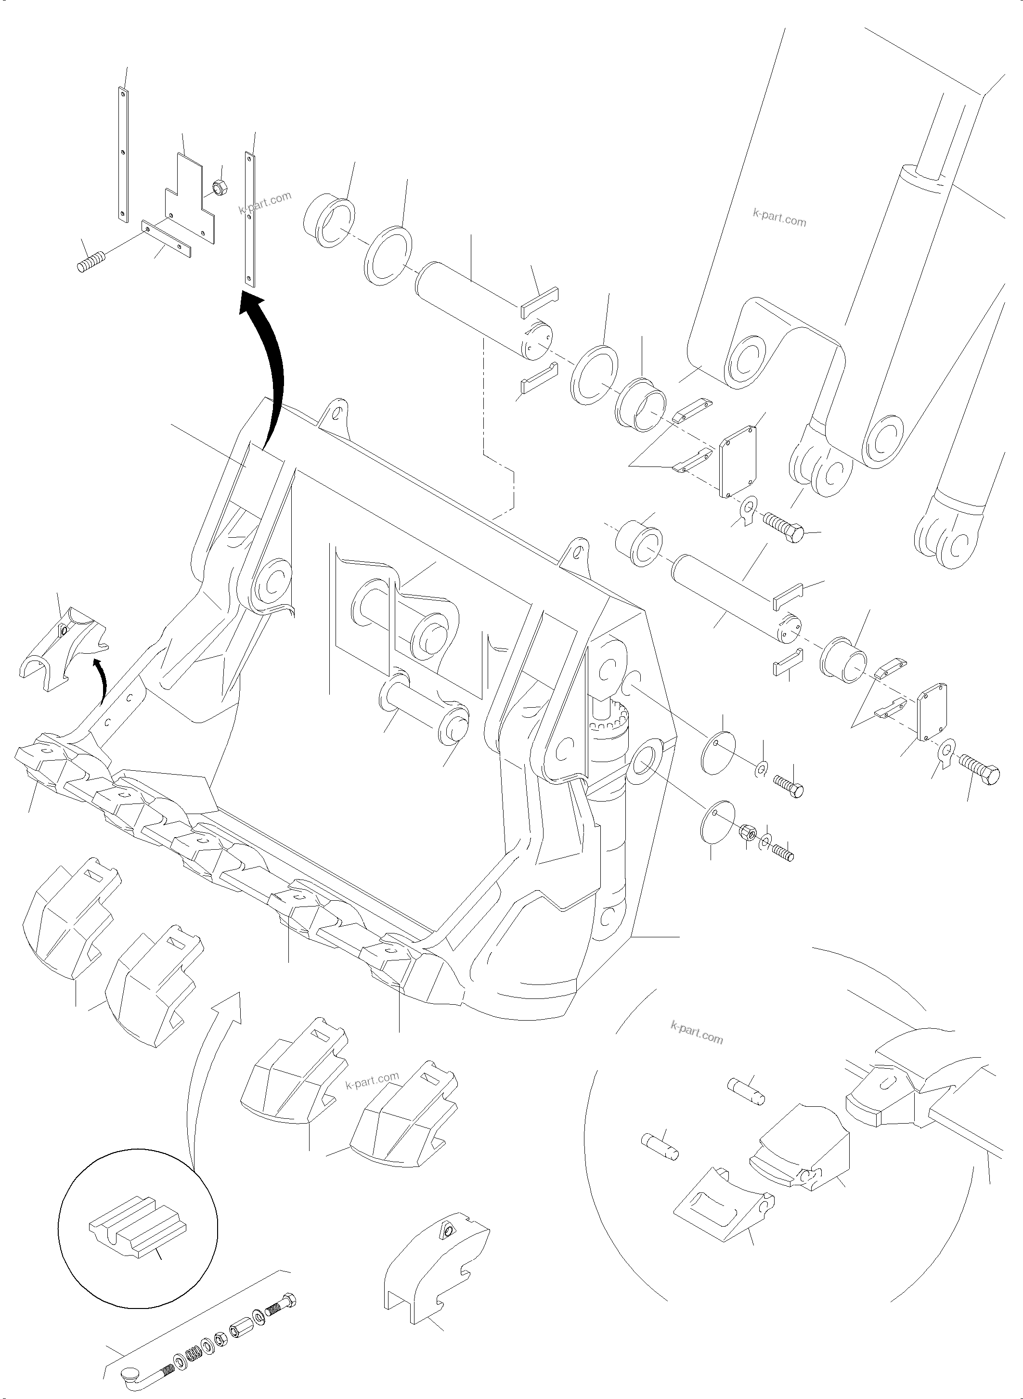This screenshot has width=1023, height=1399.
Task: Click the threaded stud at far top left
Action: [x=91, y=262]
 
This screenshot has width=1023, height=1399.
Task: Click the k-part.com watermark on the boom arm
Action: [x=779, y=218]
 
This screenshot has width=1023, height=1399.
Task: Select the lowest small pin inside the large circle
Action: [x=661, y=1146]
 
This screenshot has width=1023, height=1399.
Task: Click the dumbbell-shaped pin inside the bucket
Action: [x=425, y=710]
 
